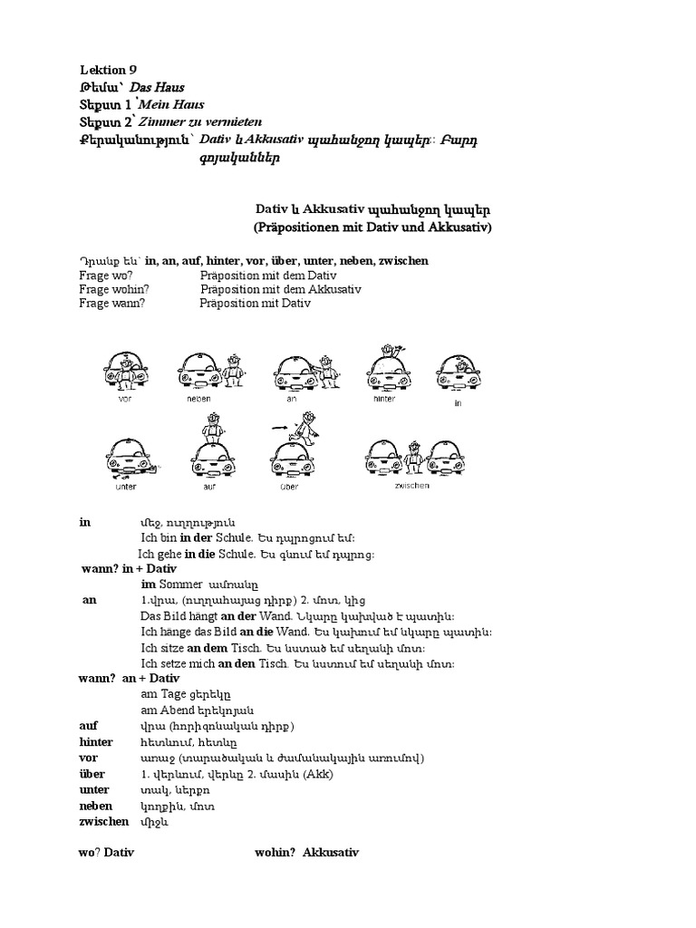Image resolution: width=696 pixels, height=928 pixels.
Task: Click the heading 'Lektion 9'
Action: coord(108,71)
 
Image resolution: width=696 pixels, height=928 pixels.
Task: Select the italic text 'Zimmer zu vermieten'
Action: coord(196,121)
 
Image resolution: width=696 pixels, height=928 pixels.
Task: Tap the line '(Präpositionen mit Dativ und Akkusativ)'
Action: coord(371,227)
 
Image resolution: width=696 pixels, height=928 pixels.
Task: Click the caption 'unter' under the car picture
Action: coord(126,486)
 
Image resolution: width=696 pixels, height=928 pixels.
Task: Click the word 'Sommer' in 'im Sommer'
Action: coord(180,585)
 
